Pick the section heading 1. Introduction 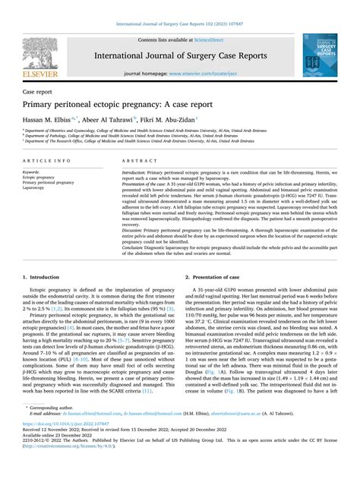(45, 279)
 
